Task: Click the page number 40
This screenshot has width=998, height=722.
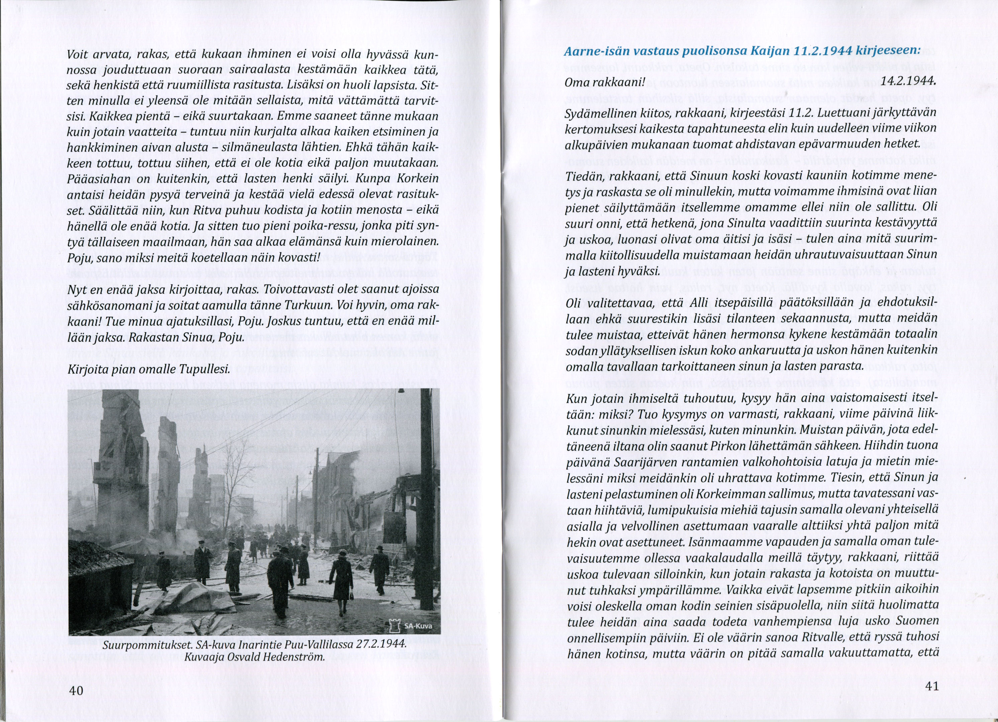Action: (76, 690)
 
